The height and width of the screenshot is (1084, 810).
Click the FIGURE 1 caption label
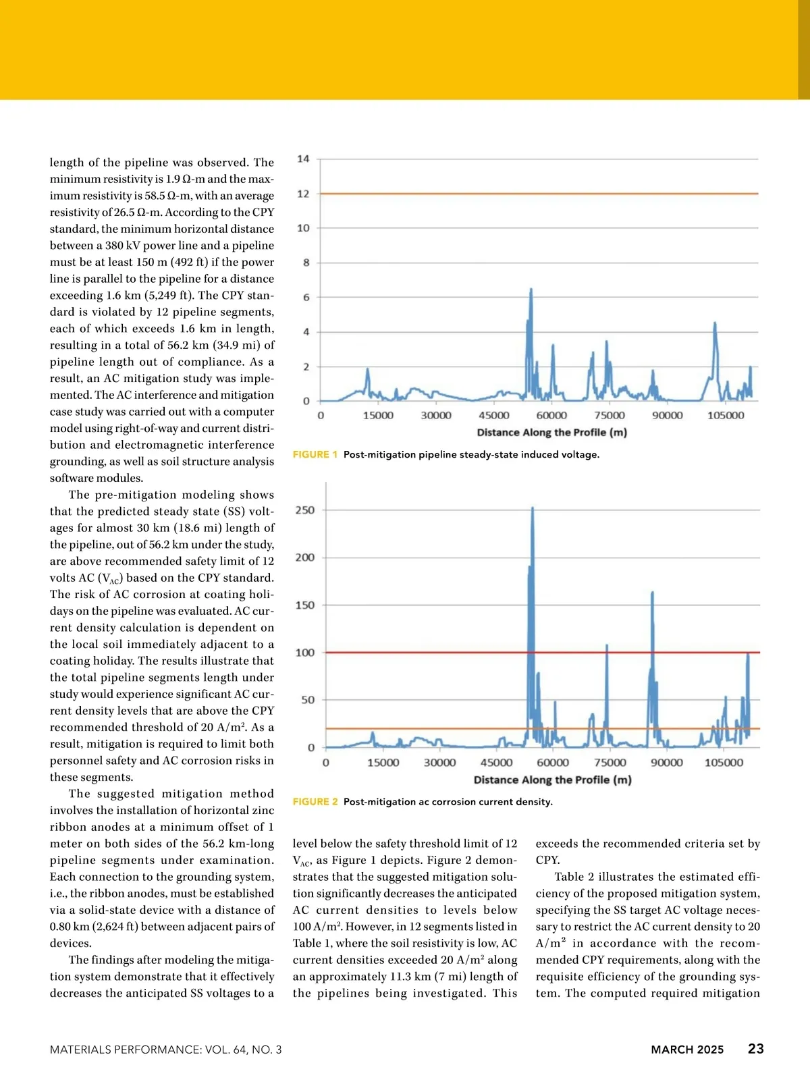click(315, 455)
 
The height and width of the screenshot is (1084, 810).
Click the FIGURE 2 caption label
click(315, 802)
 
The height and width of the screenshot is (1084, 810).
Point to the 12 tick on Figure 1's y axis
click(304, 194)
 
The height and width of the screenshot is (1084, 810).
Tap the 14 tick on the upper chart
click(304, 159)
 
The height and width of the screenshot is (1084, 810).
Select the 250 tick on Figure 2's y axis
click(305, 510)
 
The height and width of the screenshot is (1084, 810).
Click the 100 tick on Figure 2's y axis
click(305, 653)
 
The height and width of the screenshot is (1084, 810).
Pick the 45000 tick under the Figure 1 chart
click(494, 416)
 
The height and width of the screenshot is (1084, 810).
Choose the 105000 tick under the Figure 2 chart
click(724, 763)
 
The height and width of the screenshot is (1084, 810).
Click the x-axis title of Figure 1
click(551, 433)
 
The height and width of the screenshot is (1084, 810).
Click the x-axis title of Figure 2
click(552, 780)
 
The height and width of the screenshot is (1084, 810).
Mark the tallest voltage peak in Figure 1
click(531, 290)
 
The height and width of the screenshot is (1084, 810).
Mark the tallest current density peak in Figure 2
click(533, 508)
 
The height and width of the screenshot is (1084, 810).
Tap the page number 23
click(756, 1049)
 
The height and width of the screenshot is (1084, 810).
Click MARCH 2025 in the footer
click(687, 1050)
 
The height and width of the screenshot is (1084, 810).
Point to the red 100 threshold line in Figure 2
click(439, 653)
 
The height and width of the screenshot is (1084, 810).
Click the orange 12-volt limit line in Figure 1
click(439, 194)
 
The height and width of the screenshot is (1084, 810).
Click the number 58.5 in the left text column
click(159, 196)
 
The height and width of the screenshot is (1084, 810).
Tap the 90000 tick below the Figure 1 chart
click(667, 416)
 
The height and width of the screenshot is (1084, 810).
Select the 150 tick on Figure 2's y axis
click(305, 605)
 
